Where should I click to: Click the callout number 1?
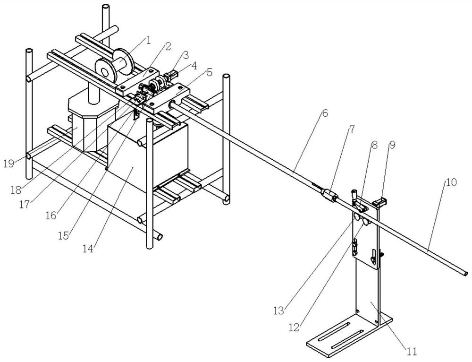[148, 41]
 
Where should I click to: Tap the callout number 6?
[325, 113]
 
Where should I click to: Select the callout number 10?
[451, 182]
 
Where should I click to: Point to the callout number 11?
[412, 351]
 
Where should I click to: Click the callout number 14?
[89, 249]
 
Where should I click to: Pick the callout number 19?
[9, 164]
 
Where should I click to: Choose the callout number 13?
[279, 310]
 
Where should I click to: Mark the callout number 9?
[392, 145]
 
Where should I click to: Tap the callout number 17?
[25, 205]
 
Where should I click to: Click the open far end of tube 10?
[465, 273]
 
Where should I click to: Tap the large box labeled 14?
[147, 157]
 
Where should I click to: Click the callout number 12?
[294, 328]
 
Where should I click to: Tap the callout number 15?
[64, 236]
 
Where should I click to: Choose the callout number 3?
[185, 55]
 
